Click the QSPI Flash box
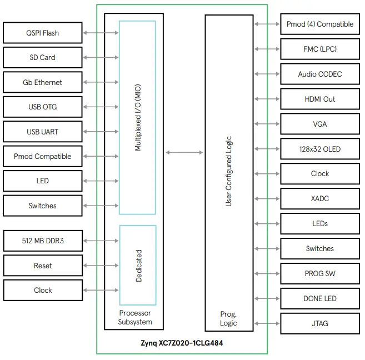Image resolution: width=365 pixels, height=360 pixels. coord(43,33)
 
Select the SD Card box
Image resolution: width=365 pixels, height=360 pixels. coord(43,57)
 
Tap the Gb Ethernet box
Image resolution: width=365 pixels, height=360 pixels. coord(43,82)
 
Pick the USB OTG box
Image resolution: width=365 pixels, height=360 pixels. coord(43,107)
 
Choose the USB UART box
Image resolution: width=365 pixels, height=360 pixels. coord(43,132)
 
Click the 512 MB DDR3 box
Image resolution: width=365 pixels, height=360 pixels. coord(43,241)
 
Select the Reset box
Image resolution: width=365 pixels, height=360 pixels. coord(43,266)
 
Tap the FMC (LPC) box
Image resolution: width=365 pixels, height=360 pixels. coord(320,49)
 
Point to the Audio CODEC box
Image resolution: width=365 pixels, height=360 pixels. coord(320,74)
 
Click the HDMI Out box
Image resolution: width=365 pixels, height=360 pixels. coord(320,99)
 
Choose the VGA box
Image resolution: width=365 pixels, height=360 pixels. coord(320,124)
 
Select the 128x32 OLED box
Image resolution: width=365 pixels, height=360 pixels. coord(320,149)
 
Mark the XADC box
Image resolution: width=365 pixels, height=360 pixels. coord(320,198)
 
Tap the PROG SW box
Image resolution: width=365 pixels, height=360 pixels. coord(320,273)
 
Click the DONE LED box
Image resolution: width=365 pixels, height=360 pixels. coord(320,298)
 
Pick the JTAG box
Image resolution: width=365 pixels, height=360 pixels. coord(320,323)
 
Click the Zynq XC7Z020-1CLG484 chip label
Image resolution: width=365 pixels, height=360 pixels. coord(182,343)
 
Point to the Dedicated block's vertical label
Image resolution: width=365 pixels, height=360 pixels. coord(138,266)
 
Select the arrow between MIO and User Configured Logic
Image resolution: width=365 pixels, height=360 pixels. coord(184,152)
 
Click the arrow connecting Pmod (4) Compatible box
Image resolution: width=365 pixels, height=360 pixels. coord(267,24)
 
